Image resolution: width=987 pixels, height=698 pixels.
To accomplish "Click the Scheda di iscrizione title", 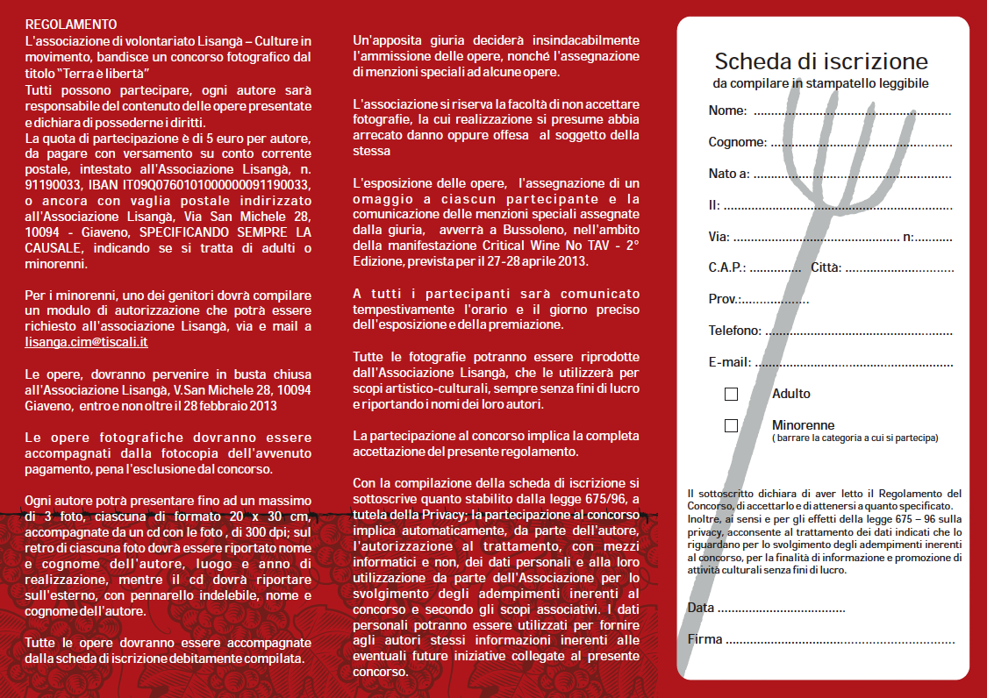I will [x=821, y=61].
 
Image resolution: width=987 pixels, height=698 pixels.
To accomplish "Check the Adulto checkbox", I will [x=731, y=395].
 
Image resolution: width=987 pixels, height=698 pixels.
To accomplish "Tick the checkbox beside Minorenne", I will [x=731, y=426].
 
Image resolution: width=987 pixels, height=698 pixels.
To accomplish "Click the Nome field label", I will [x=727, y=110].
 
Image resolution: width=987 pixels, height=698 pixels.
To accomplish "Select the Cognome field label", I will [x=737, y=142].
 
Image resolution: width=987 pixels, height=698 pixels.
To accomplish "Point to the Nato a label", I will [x=729, y=174].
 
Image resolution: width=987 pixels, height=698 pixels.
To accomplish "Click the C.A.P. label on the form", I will [x=727, y=267].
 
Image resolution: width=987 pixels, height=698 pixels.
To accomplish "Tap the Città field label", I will [x=826, y=267].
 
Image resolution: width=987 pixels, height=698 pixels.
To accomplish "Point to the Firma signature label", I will [x=705, y=639].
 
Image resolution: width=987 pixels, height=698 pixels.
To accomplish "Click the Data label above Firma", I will [x=701, y=608].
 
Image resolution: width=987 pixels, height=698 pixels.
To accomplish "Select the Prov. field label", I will [x=725, y=299].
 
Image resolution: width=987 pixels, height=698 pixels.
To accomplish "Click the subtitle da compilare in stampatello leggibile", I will [x=820, y=83].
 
